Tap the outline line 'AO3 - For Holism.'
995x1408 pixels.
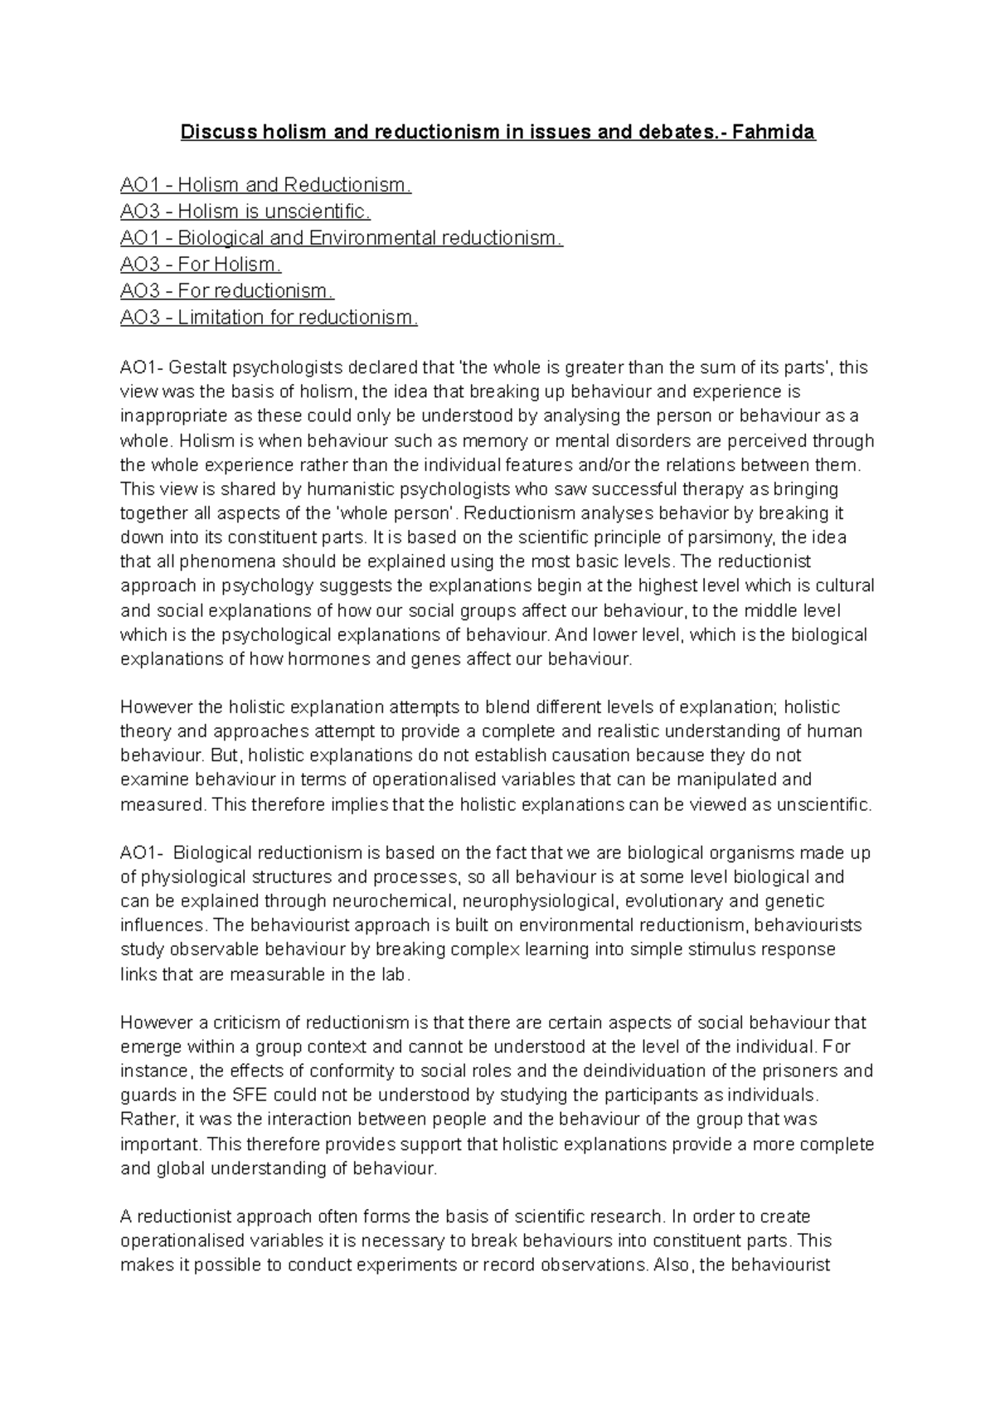pos(201,265)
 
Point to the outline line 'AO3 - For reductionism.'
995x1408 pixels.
pos(227,291)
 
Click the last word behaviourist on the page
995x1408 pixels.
pos(767,1266)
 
